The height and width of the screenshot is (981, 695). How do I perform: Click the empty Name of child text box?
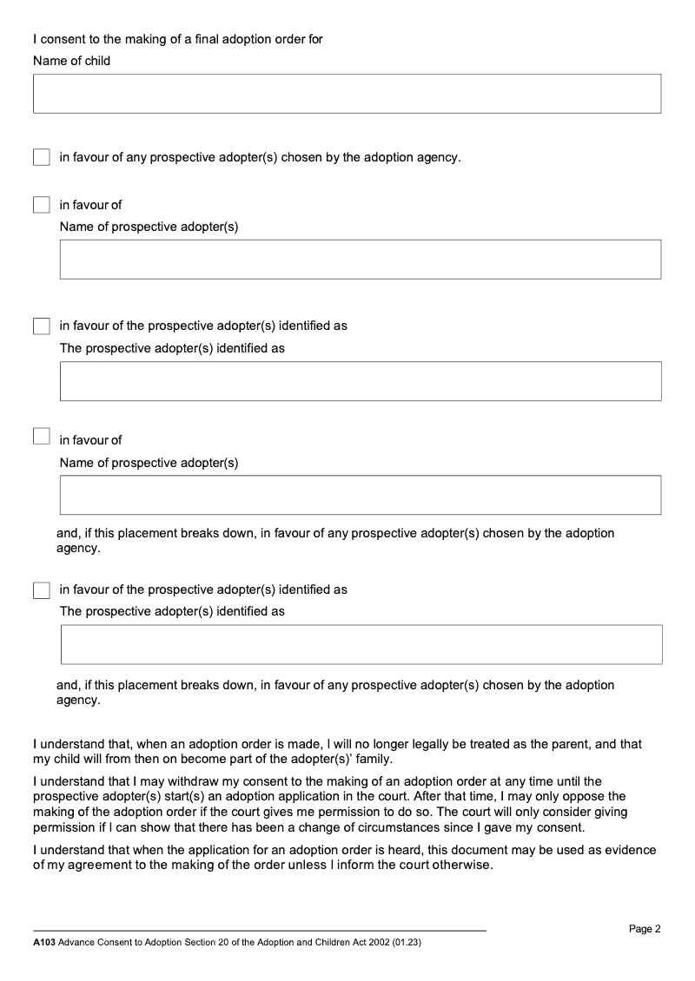pyautogui.click(x=347, y=93)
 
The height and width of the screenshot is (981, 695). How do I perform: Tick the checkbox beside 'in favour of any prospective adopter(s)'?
pyautogui.click(x=42, y=157)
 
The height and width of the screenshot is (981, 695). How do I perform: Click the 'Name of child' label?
pyautogui.click(x=71, y=61)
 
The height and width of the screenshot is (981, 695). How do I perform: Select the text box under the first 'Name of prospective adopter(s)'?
pyautogui.click(x=360, y=259)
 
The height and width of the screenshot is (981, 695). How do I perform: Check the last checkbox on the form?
pyautogui.click(x=42, y=590)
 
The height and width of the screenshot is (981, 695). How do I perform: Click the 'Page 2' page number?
pyautogui.click(x=645, y=929)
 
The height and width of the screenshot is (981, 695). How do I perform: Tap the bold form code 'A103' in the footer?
pyautogui.click(x=43, y=942)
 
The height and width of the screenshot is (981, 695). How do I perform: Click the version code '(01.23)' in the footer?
pyautogui.click(x=407, y=942)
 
